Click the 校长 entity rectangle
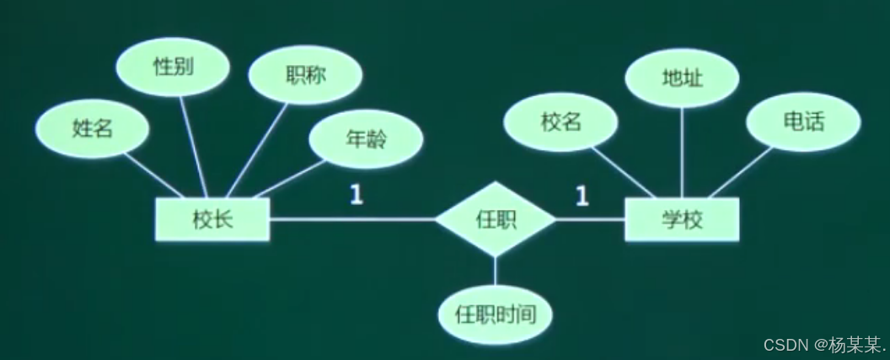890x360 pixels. pos(212,220)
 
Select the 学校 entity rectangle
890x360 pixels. pos(682,220)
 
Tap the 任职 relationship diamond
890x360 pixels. pos(496,220)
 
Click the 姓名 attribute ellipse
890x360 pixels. pos(93,129)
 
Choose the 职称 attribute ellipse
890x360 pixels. pos(306,75)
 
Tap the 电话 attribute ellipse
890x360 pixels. pos(803,122)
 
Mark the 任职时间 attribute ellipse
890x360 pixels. pos(496,315)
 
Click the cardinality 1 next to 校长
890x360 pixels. pos(357,196)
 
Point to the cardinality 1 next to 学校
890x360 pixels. pos(582,196)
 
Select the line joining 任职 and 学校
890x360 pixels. pos(590,220)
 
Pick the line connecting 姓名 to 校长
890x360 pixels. pos(157,175)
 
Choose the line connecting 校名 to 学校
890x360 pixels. pos(625,173)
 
